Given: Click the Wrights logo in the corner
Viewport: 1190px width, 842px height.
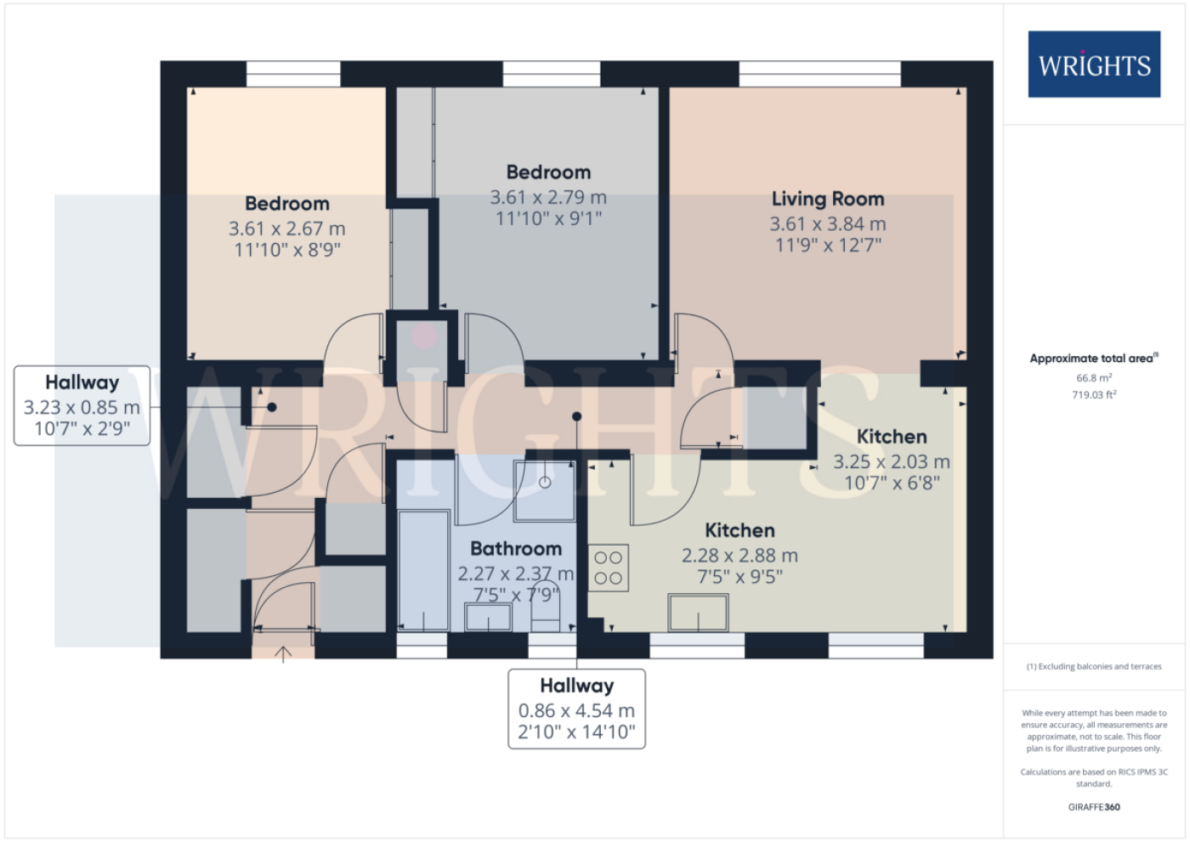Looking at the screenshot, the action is pyautogui.click(x=1094, y=65).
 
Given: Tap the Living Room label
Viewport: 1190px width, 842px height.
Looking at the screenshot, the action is pyautogui.click(x=828, y=199).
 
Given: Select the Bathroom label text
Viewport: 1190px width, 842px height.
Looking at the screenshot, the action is pyautogui.click(x=516, y=548).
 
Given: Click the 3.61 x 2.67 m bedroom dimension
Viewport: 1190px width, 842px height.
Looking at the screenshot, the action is pyautogui.click(x=287, y=229).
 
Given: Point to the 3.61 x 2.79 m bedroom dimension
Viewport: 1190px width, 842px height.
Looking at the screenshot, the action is pyautogui.click(x=548, y=197).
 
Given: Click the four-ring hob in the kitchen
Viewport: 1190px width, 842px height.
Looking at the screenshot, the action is pyautogui.click(x=609, y=568).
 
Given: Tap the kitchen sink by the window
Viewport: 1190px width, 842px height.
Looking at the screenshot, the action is pyautogui.click(x=698, y=613).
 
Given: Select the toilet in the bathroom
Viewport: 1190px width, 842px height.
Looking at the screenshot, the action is pyautogui.click(x=546, y=607).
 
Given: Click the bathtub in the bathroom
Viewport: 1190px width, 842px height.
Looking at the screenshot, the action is pyautogui.click(x=424, y=570).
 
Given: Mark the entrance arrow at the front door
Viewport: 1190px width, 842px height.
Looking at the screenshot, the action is pyautogui.click(x=283, y=654).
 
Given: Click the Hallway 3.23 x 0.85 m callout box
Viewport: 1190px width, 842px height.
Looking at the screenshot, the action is pyautogui.click(x=82, y=405).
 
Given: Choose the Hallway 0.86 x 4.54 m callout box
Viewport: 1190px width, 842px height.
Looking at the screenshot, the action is pyautogui.click(x=576, y=709).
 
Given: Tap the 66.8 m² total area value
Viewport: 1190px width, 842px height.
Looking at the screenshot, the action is pyautogui.click(x=1094, y=378).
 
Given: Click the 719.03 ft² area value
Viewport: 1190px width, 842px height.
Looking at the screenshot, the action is pyautogui.click(x=1094, y=394).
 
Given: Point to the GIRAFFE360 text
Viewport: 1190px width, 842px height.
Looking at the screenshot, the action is pyautogui.click(x=1094, y=807).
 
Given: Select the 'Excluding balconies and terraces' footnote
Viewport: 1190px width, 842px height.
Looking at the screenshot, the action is pyautogui.click(x=1094, y=666).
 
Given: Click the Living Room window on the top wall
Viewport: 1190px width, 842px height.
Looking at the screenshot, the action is pyautogui.click(x=819, y=74).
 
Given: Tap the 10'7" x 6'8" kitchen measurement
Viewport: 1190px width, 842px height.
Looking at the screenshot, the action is pyautogui.click(x=892, y=483).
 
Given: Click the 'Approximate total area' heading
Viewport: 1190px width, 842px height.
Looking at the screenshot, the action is pyautogui.click(x=1094, y=359).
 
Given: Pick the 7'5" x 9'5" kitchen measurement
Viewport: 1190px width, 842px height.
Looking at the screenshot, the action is pyautogui.click(x=739, y=577).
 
